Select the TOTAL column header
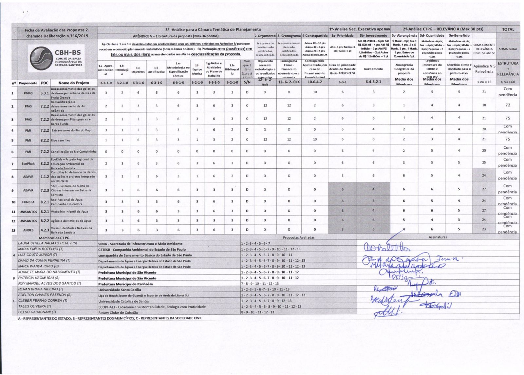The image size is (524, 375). pos(508,29)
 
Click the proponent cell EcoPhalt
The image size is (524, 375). pos(28,163)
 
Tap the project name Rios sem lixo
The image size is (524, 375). pos(61,141)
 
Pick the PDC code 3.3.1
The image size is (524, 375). pos(45,93)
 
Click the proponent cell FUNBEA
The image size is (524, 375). pos(28,202)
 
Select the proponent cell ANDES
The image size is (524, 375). pos(28,230)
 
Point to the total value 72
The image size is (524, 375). pos(508,105)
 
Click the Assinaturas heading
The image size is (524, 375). pos(438,237)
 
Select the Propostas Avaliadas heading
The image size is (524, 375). pos(298,237)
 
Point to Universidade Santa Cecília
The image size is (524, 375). pos(120,290)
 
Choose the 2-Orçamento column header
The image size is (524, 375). pos(265,35)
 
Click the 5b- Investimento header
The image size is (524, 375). pos(373,35)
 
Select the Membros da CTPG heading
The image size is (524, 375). pos(54,238)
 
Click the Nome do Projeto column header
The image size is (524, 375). pos(73,83)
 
